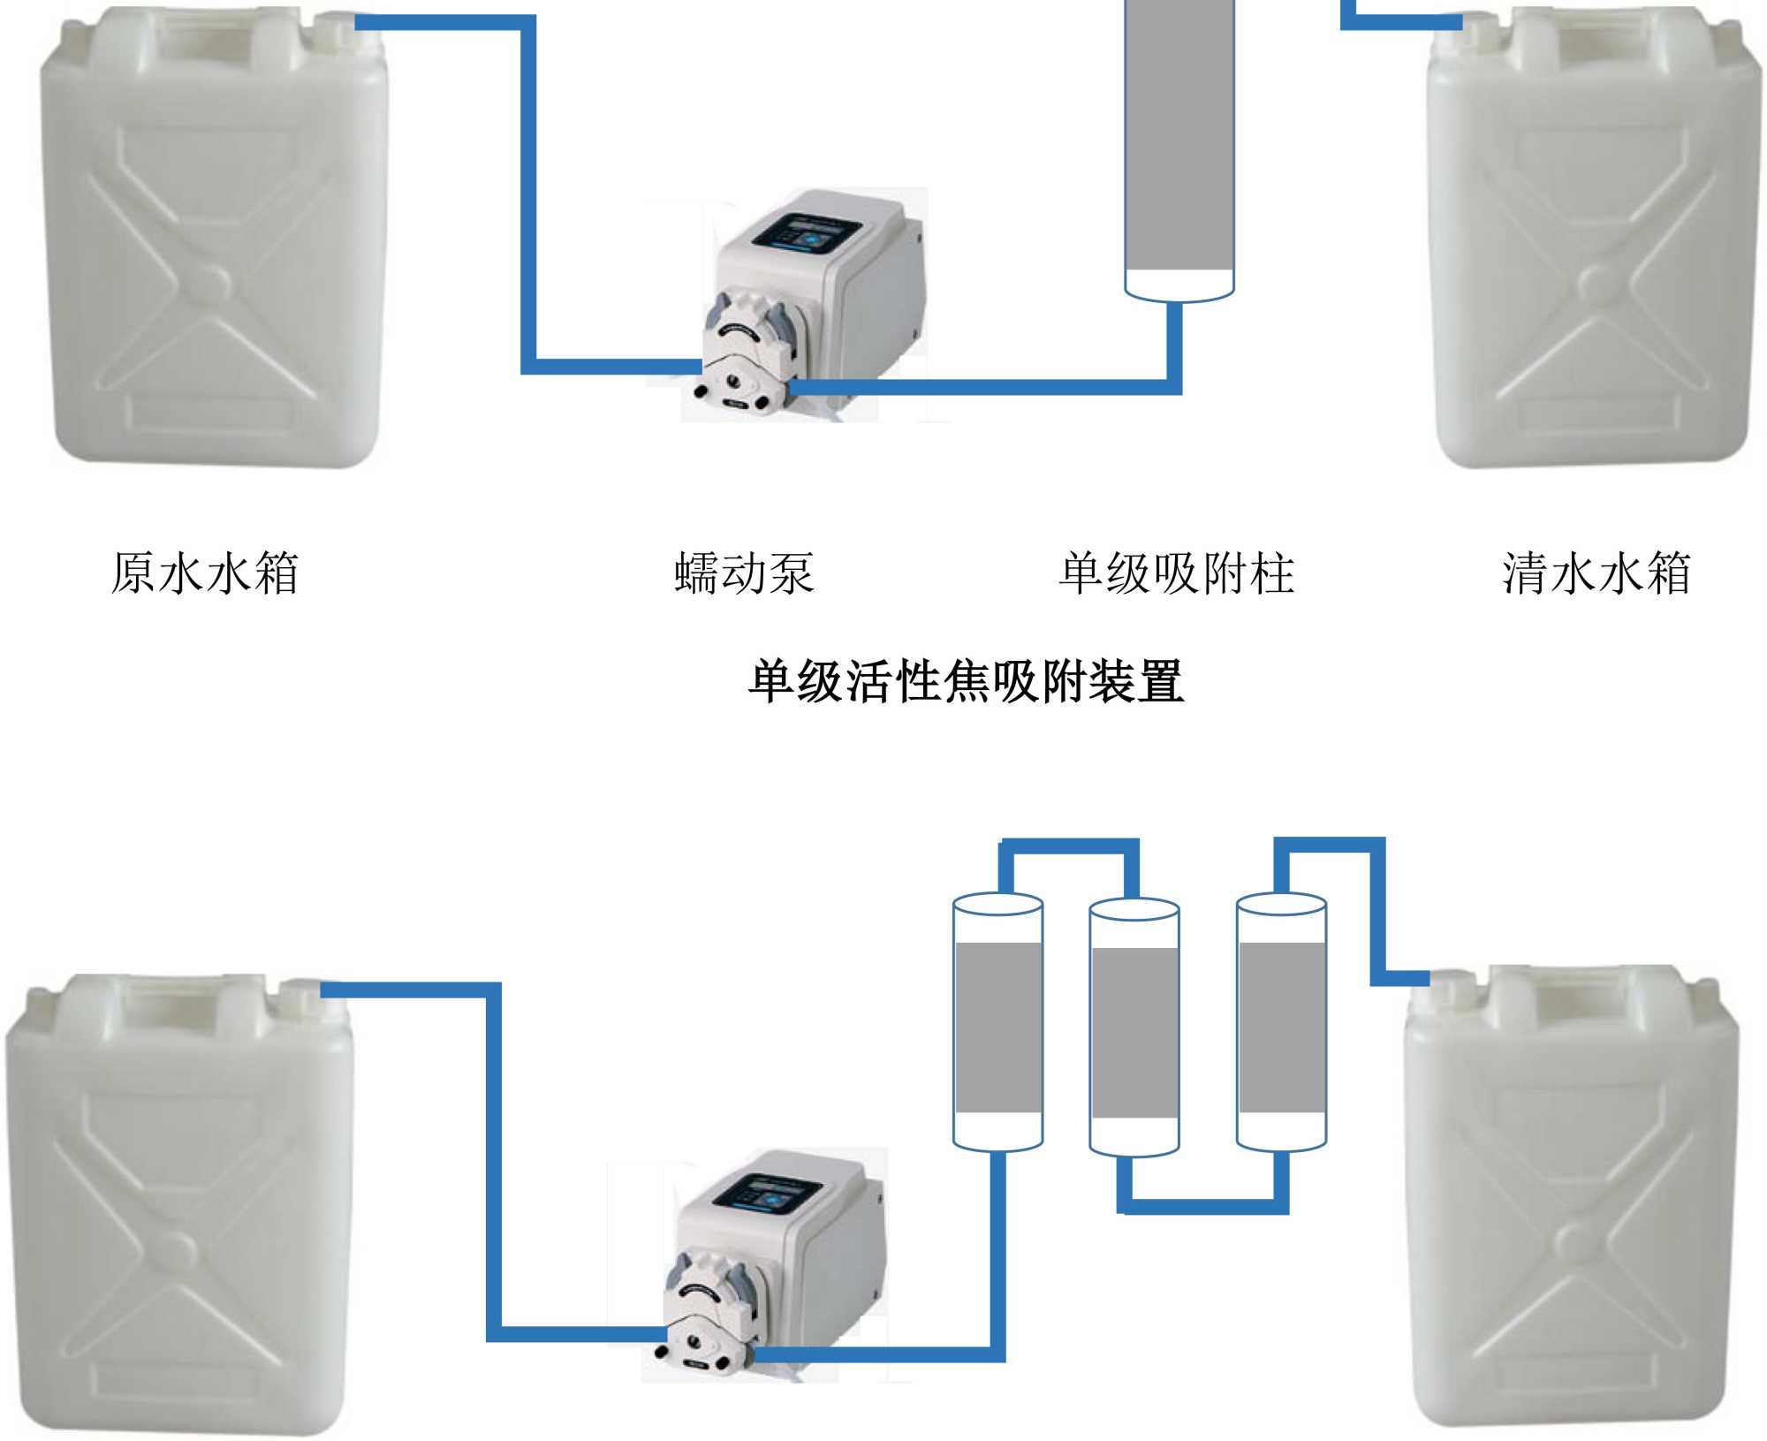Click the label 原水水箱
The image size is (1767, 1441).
[x=205, y=573]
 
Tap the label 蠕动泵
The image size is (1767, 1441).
[x=743, y=573]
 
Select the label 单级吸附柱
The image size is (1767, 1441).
[x=1176, y=573]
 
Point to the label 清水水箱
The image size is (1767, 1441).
[x=1596, y=573]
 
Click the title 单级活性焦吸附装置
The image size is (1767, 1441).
[x=966, y=681]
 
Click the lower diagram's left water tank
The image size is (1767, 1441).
[x=177, y=1202]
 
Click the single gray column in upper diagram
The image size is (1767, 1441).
[x=1179, y=133]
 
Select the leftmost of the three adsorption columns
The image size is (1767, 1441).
[x=997, y=1025]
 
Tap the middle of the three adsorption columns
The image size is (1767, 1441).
[x=1134, y=1030]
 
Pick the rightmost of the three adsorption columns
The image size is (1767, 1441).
[x=1281, y=1025]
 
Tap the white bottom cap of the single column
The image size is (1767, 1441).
[x=1179, y=284]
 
